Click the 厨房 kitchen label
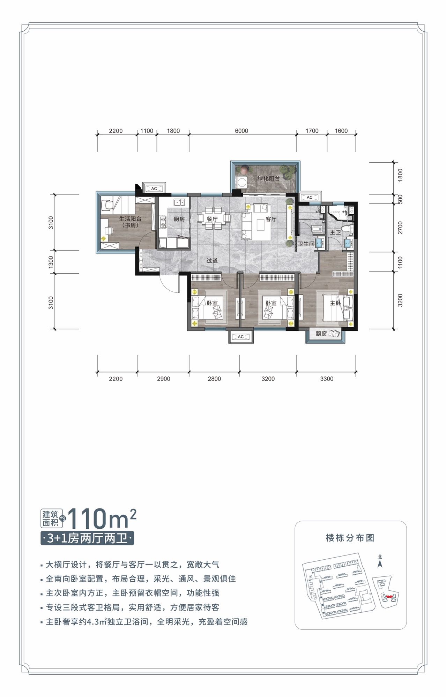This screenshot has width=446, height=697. click(x=179, y=219)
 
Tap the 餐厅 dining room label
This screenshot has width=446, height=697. click(x=212, y=219)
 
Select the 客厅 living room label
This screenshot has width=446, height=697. click(x=271, y=219)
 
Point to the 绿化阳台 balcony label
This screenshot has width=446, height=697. click(x=268, y=178)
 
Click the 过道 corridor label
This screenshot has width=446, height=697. click(x=212, y=261)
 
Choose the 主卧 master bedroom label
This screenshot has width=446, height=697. click(x=335, y=303)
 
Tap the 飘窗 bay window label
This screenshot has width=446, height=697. click(x=321, y=334)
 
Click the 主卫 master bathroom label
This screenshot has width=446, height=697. click(x=335, y=232)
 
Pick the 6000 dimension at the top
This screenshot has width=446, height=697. click(x=241, y=131)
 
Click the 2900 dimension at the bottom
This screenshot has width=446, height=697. click(x=163, y=379)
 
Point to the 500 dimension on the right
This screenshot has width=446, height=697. click(x=400, y=199)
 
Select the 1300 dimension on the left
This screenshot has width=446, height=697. click(x=51, y=262)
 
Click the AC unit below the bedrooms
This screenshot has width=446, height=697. click(x=241, y=337)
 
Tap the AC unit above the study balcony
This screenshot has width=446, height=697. click(x=154, y=188)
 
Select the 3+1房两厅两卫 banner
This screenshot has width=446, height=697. click(x=87, y=539)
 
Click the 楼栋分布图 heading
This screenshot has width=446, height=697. click(x=350, y=538)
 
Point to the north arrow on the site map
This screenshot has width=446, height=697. click(x=380, y=563)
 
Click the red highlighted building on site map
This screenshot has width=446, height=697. click(x=389, y=597)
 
